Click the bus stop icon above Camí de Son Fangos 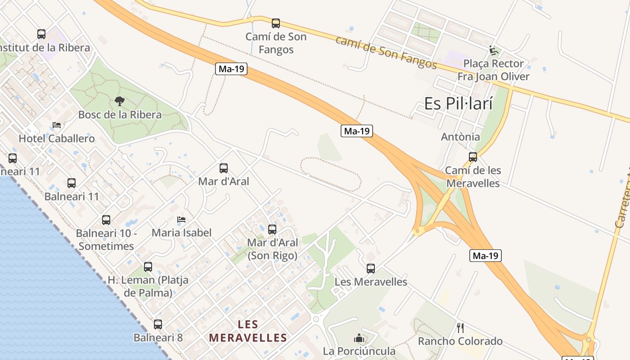coord(276,23)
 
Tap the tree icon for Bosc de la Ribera coord(120,101)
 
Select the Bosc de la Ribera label coord(120,115)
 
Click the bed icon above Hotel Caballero coord(57,125)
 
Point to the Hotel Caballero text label coord(57,139)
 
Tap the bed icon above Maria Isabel coord(181,220)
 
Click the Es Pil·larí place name coord(458,104)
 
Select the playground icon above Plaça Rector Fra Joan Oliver coord(494,50)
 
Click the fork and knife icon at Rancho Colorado coord(460,328)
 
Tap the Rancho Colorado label coord(460,341)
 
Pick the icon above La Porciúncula coord(359,337)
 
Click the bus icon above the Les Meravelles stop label coord(371,269)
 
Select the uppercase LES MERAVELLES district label coord(248,331)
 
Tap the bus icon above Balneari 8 coord(158,324)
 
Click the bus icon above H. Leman coord(148,266)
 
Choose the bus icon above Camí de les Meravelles coord(473,157)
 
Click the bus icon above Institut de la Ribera coord(41,34)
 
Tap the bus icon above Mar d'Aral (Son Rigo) coord(272,229)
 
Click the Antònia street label coord(460,137)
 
